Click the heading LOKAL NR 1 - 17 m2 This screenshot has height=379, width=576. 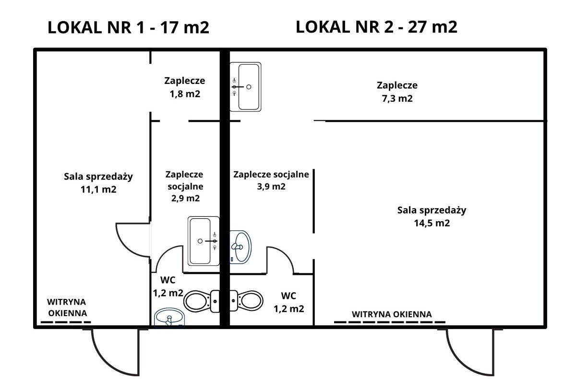128,28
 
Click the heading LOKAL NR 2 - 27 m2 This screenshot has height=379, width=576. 376,27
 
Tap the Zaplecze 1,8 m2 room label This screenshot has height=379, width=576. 184,87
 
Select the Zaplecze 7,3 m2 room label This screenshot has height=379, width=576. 397,92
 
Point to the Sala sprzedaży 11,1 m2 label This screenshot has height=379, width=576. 98,182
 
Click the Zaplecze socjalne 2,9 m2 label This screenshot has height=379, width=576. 184,186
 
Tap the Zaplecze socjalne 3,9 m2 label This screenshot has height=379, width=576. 271,180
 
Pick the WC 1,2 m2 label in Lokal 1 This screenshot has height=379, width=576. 168,286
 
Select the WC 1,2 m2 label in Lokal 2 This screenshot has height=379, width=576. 288,302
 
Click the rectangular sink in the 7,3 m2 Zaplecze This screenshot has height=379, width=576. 245,87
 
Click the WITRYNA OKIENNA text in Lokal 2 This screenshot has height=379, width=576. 392,314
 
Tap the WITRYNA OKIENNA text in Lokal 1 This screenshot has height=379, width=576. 66,308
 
